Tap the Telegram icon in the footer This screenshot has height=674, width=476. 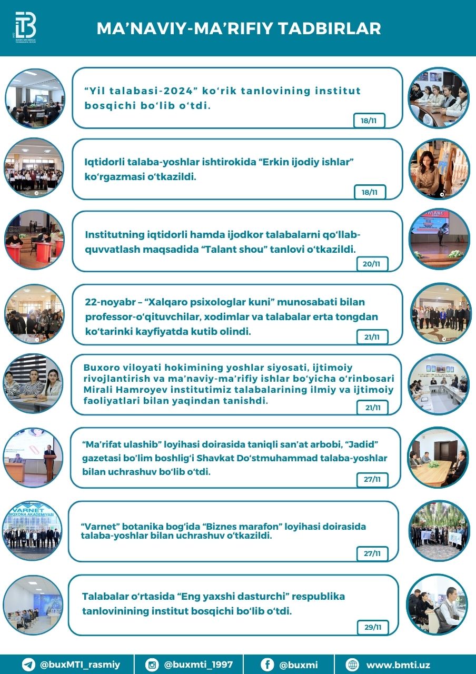[x=28, y=665]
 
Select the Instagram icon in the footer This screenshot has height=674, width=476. [x=152, y=665]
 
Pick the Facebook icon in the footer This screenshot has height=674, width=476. [x=267, y=665]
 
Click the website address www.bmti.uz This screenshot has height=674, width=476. [x=398, y=665]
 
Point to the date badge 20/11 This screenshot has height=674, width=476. [x=372, y=264]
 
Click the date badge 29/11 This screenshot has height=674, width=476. [x=373, y=627]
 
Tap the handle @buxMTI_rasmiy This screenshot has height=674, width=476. [x=80, y=665]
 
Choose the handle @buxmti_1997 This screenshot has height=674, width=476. [x=198, y=665]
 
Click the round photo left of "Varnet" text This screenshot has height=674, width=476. [x=33, y=530]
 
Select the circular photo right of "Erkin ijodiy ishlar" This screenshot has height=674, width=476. [x=438, y=169]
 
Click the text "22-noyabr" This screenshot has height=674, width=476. [x=107, y=302]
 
